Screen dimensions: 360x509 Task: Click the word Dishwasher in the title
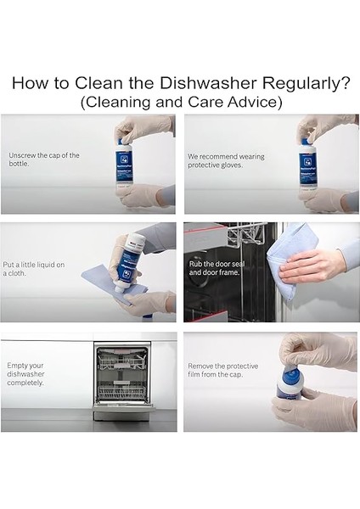(208, 83)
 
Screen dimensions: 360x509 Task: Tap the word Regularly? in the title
(307, 84)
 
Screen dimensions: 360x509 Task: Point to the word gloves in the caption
(232, 165)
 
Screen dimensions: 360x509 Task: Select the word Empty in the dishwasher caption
(16, 366)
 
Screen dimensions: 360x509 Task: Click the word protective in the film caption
(242, 366)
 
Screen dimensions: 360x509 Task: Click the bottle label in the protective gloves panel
(307, 169)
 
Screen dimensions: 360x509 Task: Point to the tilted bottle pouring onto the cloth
(127, 263)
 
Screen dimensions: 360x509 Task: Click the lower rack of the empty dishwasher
(123, 392)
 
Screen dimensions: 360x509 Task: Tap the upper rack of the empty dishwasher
(121, 361)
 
